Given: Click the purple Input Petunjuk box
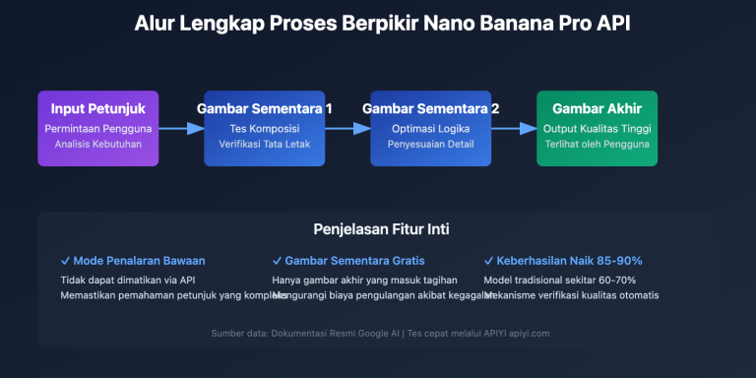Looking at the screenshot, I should tap(97, 128).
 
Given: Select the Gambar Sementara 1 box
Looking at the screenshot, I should tap(264, 128).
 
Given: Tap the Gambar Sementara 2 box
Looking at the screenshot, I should tap(430, 128).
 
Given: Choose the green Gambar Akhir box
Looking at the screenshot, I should tap(597, 128).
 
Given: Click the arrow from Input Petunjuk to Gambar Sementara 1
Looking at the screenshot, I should tap(180, 128).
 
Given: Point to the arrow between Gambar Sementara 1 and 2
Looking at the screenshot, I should tap(346, 128).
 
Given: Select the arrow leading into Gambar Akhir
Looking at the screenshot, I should tap(513, 128).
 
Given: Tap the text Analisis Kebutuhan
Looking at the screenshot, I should tap(97, 145).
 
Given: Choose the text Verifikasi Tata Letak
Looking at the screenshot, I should tap(264, 145).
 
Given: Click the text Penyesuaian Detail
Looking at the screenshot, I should tap(430, 145).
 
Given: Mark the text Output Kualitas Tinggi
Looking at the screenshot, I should tap(597, 129).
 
